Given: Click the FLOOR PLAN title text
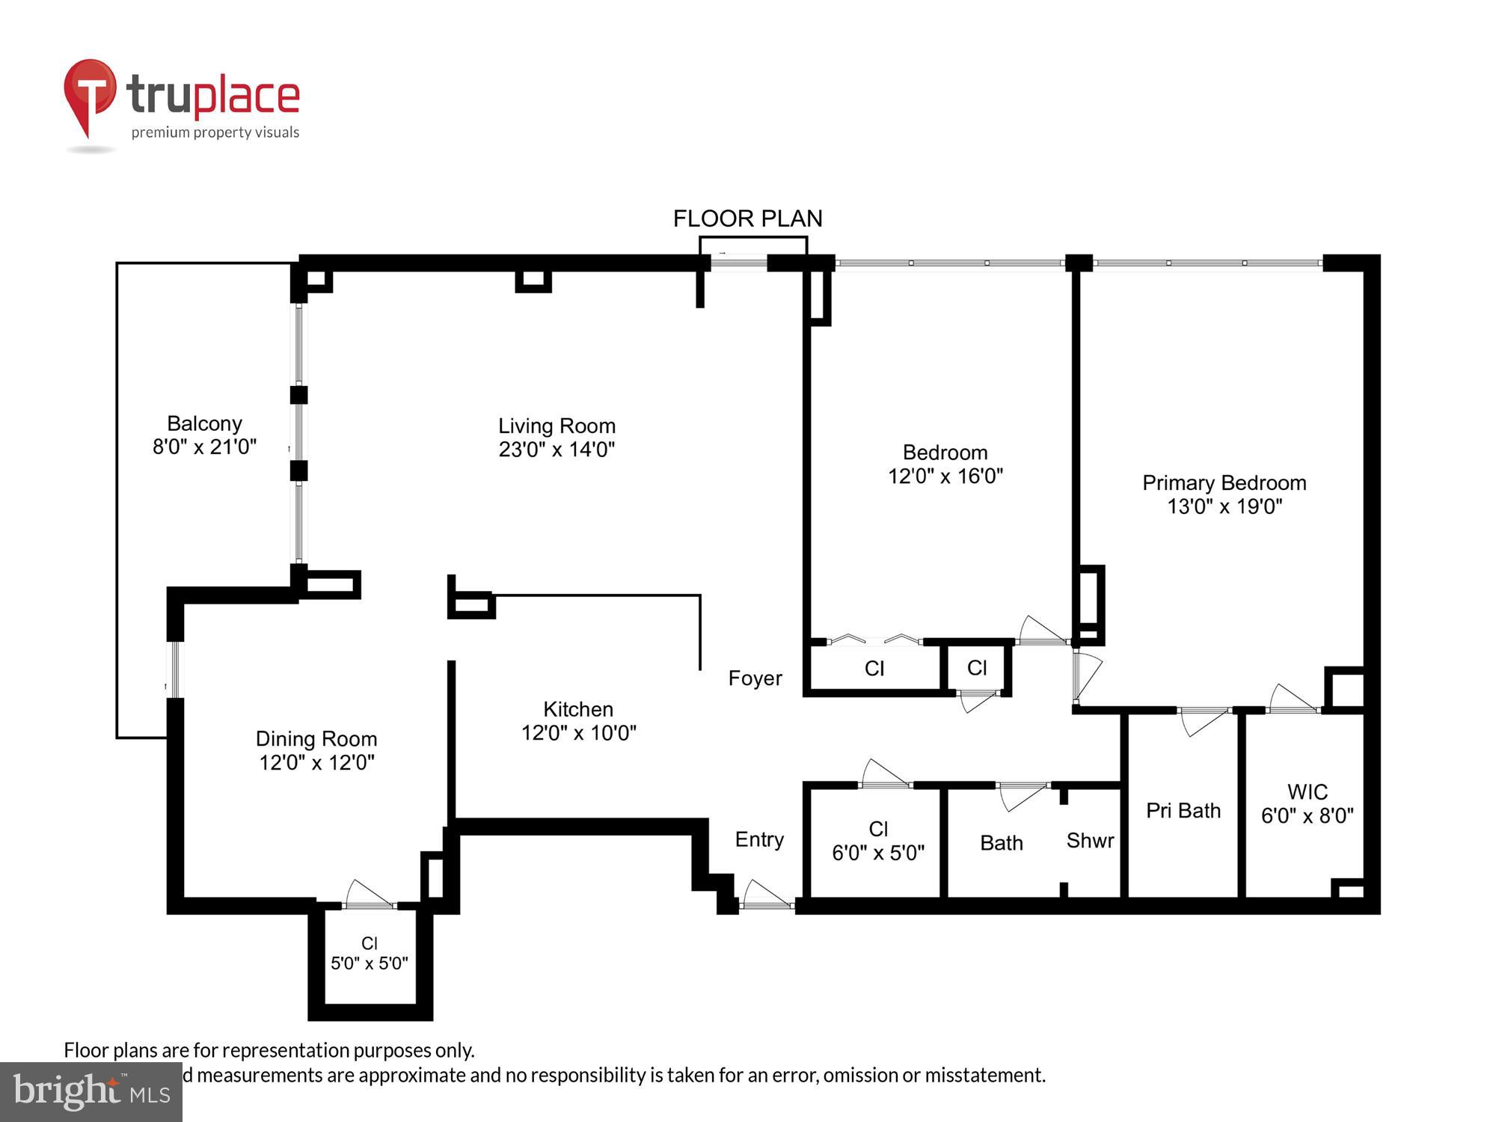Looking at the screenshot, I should tap(747, 218).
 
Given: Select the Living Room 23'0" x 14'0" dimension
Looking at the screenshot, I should tap(557, 450).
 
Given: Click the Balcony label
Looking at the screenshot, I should tap(204, 423).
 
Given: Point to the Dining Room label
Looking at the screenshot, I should tap(316, 739).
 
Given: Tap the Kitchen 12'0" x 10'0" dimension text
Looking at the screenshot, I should tap(578, 732).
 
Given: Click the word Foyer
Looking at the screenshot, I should tap(755, 678).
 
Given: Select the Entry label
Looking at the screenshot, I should tap(759, 839).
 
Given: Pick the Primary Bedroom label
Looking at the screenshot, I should tap(1224, 483).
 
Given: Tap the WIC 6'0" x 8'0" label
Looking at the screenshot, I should tap(1307, 804).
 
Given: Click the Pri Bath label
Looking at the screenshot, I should tap(1183, 811).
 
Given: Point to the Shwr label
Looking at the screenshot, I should tap(1090, 841).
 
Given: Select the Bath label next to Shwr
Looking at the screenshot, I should tap(1001, 843).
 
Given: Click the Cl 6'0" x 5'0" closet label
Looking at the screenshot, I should tap(878, 841).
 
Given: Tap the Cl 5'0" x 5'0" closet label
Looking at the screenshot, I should tap(370, 954).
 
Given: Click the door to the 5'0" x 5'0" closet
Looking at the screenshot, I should tap(369, 897).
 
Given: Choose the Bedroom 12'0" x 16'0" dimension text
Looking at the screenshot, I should tap(945, 476).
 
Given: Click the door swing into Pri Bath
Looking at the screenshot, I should tap(1202, 720).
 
